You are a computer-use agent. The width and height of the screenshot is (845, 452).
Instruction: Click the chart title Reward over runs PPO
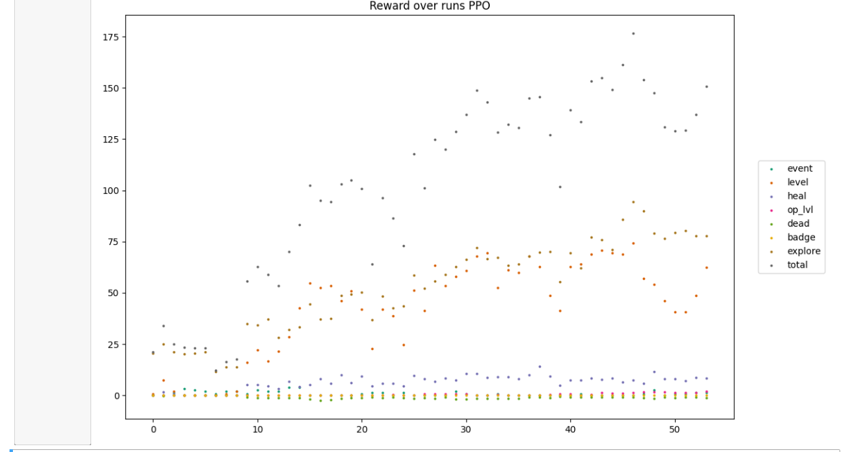tap(429, 6)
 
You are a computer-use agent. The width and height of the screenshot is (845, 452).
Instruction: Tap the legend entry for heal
tap(796, 196)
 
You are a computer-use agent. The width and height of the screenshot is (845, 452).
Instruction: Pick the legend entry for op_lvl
tap(799, 210)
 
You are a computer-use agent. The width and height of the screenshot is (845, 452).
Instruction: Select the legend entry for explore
tap(803, 251)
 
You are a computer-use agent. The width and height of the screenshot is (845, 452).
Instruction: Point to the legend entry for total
tap(797, 265)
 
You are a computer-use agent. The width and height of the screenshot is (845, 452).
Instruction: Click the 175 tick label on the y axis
tap(110, 37)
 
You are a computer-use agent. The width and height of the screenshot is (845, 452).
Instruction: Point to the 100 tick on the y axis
tap(110, 191)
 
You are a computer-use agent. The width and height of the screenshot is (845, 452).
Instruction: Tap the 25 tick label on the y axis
tap(112, 344)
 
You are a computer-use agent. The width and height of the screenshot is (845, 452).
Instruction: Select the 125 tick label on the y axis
tap(110, 140)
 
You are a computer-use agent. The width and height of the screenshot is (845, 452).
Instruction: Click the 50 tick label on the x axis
tap(675, 430)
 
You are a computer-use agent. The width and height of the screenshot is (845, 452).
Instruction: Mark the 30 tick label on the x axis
tap(466, 430)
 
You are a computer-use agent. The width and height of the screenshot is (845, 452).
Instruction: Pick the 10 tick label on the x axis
tap(257, 430)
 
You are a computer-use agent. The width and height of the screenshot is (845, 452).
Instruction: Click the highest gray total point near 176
tap(633, 33)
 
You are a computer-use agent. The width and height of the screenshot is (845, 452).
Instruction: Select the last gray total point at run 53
tap(706, 86)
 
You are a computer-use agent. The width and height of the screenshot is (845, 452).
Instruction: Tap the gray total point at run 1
tap(163, 326)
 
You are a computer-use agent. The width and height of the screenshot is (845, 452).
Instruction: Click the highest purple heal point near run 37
tap(540, 367)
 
